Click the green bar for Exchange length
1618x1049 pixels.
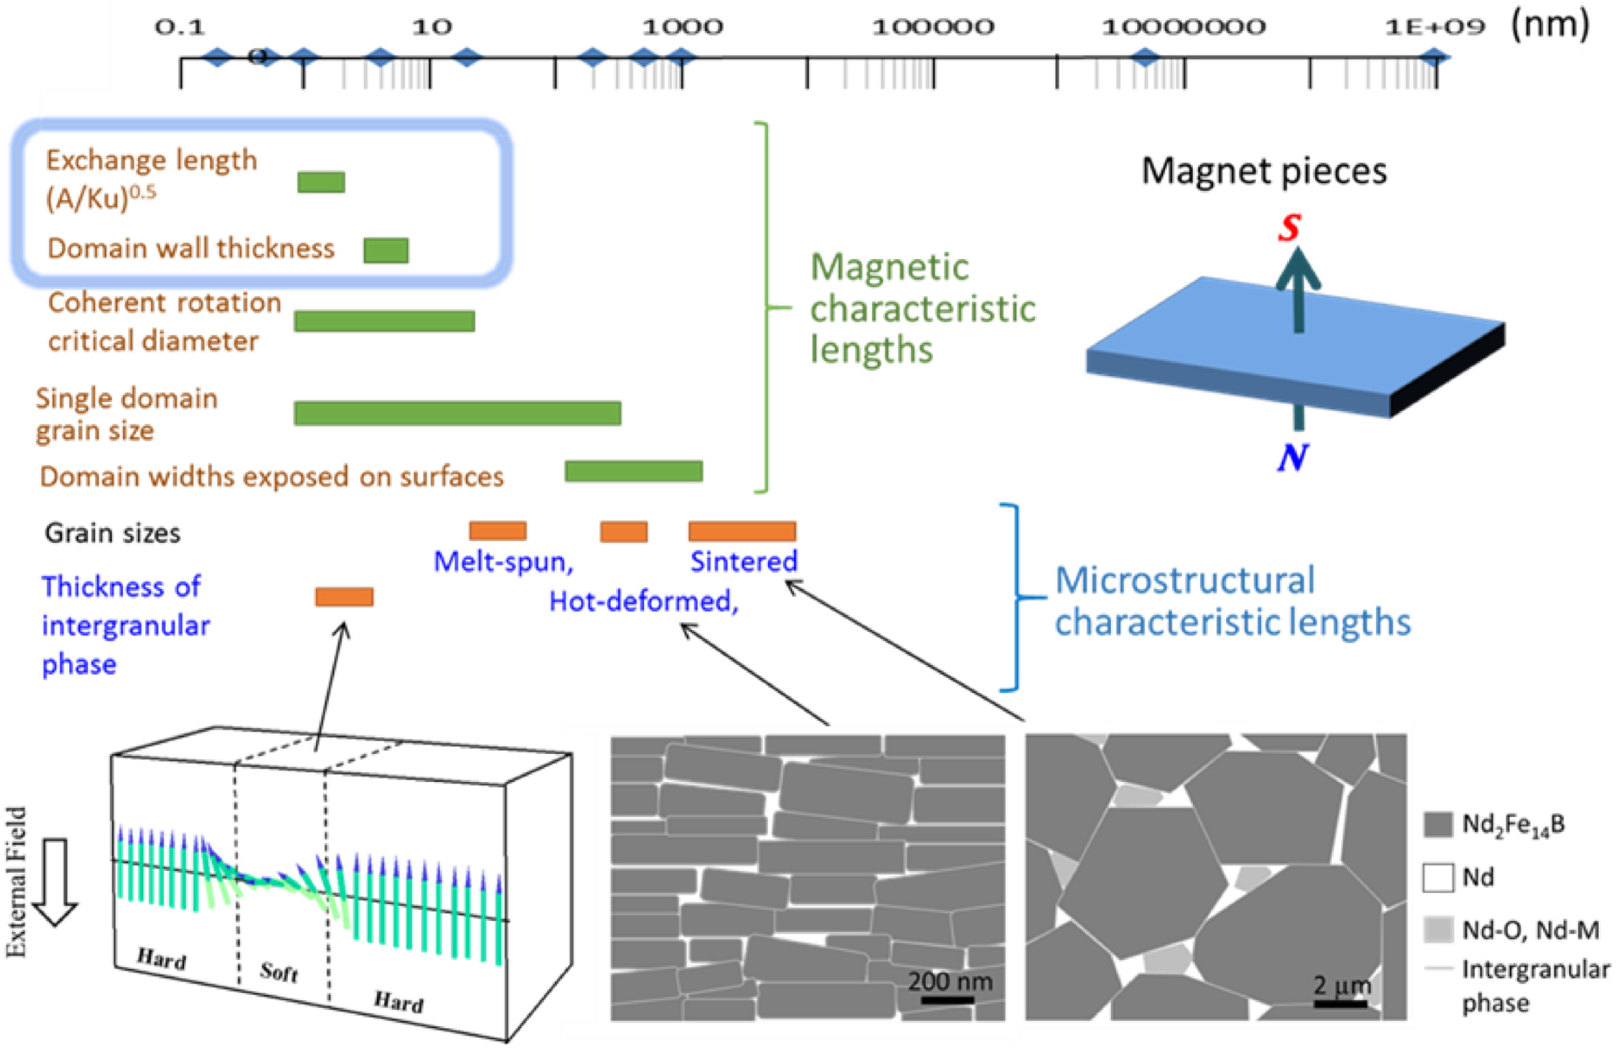tap(321, 182)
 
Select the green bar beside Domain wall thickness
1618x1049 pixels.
tap(386, 250)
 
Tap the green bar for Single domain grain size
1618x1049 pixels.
tap(457, 413)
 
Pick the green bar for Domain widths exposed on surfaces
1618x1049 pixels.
tap(634, 471)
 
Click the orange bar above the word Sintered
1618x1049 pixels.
tap(742, 531)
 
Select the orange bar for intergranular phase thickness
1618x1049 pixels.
tap(344, 597)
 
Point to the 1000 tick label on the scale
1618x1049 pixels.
tap(682, 27)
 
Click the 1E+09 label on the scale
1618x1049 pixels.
tap(1435, 27)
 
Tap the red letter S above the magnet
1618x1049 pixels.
tap(1289, 227)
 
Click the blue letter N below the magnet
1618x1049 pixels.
tap(1292, 457)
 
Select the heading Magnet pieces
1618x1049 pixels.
tap(1264, 170)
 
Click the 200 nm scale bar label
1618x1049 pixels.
tap(950, 982)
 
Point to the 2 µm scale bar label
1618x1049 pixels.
tap(1342, 986)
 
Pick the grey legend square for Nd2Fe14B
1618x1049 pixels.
tap(1437, 825)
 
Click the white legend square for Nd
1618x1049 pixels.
tap(1437, 877)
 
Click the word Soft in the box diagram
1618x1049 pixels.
tap(279, 971)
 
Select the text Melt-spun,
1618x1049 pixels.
tap(504, 561)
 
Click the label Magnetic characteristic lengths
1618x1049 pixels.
tap(922, 308)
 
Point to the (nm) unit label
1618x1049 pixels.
tap(1550, 24)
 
